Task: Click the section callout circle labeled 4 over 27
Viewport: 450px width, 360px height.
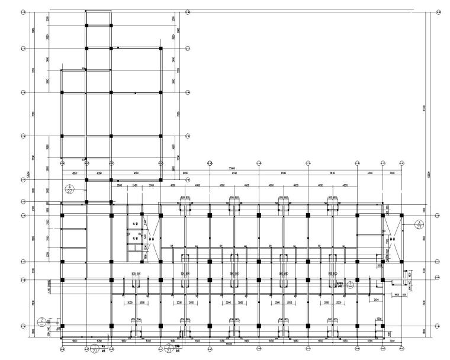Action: tap(70, 189)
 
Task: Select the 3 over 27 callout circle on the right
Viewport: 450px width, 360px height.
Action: tap(419, 224)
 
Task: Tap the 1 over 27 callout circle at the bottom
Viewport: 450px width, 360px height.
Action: tap(95, 349)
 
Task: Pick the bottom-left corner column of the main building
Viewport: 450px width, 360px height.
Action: tap(62, 326)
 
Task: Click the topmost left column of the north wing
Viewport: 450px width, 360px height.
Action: tap(86, 25)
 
